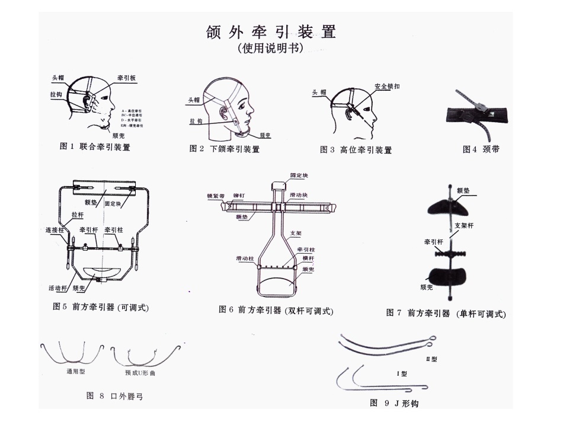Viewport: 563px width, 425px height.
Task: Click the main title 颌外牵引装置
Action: click(x=271, y=31)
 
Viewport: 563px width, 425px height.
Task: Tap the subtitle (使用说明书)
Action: click(x=270, y=49)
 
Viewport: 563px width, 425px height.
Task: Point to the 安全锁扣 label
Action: click(x=387, y=86)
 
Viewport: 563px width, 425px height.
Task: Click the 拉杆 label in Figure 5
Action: click(x=78, y=214)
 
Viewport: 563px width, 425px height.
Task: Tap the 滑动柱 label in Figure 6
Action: click(x=245, y=259)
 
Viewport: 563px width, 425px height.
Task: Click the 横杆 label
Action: click(x=306, y=259)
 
